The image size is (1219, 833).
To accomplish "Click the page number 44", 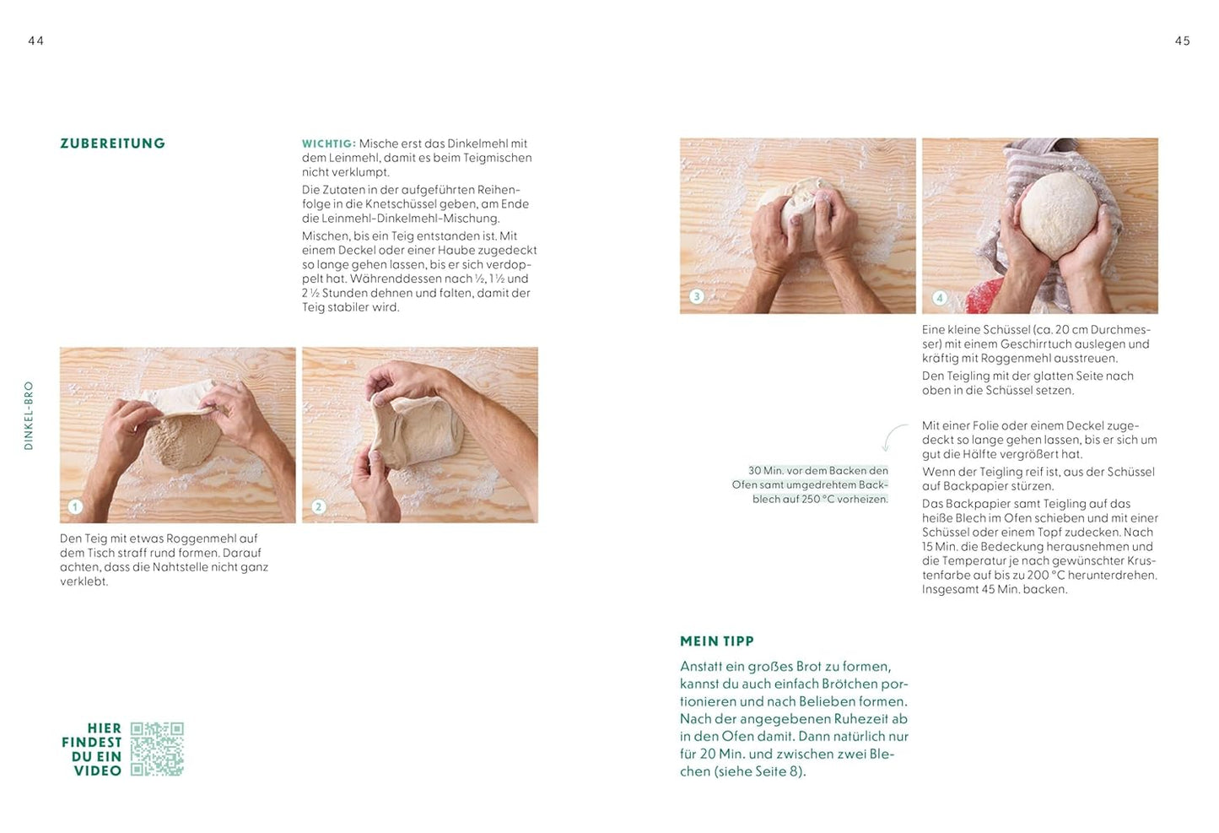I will coord(35,41).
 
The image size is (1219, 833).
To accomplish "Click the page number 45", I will coord(1182,41).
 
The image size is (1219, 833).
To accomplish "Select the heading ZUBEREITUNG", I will coord(112,143).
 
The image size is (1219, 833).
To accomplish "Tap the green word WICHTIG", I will coord(327,144).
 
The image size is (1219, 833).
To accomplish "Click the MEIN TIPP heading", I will coord(716,641).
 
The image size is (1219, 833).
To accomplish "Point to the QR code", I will coord(157,749).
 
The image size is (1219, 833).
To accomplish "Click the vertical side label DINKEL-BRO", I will coord(29,415).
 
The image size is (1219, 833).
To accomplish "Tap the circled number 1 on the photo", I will coord(75,506).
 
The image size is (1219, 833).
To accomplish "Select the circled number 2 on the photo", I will coord(318,506).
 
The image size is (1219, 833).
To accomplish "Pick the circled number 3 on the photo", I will coord(696,296).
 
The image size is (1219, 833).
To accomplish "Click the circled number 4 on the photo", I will coord(939,297).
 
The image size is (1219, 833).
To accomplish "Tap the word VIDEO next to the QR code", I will coord(97,771).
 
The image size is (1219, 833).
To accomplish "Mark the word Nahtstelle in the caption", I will coord(184,567).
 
